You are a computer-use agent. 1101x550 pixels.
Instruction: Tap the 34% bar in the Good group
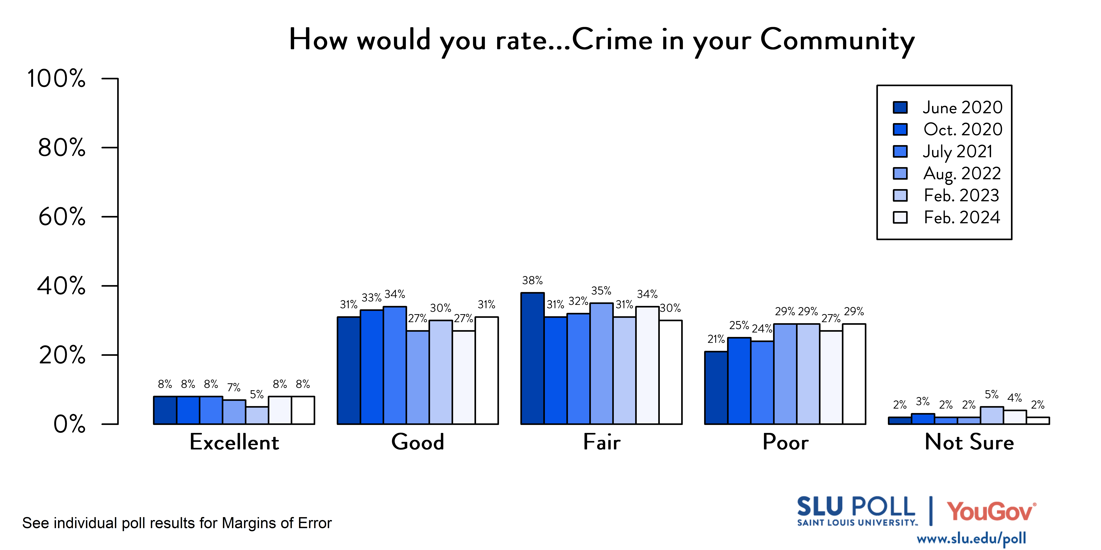pos(395,365)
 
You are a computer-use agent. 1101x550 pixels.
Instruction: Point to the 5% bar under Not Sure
pos(992,415)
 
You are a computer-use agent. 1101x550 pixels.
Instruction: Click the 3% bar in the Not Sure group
pos(923,419)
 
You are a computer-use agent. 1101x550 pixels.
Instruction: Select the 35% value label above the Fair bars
pos(601,291)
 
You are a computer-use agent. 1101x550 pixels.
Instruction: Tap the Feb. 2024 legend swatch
pos(900,217)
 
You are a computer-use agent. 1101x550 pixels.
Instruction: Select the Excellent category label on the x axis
pos(234,442)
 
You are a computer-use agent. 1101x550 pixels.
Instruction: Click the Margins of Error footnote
pos(177,523)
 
